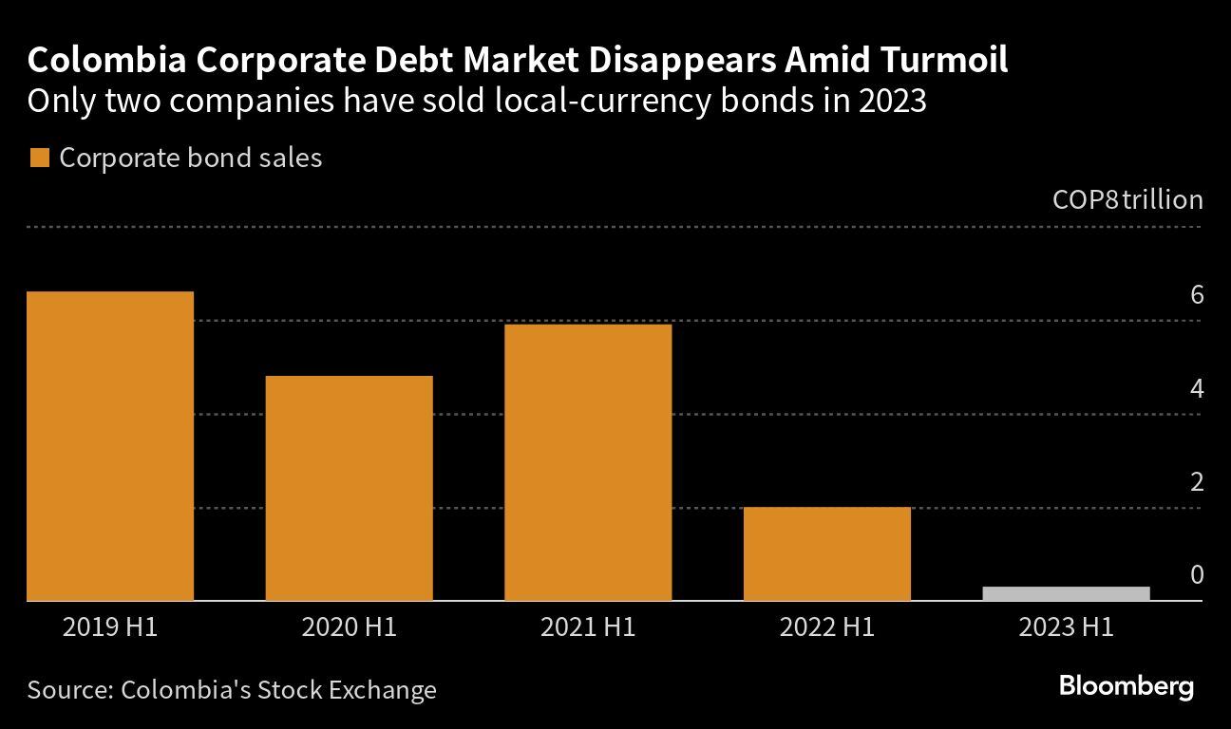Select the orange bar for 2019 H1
pos(110,446)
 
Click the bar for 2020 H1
pos(349,488)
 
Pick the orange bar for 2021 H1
pos(588,462)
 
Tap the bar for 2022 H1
pos(827,553)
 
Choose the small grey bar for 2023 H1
pos(1066,594)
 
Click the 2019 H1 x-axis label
pos(110,627)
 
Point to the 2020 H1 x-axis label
pos(349,627)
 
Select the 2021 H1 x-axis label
pos(588,627)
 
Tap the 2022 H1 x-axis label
pos(827,627)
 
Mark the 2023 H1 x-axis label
pos(1066,627)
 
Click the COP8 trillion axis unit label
pos(1127,200)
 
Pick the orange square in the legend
pos(39,159)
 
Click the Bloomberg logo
pos(1126,686)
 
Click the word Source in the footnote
pos(66,689)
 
